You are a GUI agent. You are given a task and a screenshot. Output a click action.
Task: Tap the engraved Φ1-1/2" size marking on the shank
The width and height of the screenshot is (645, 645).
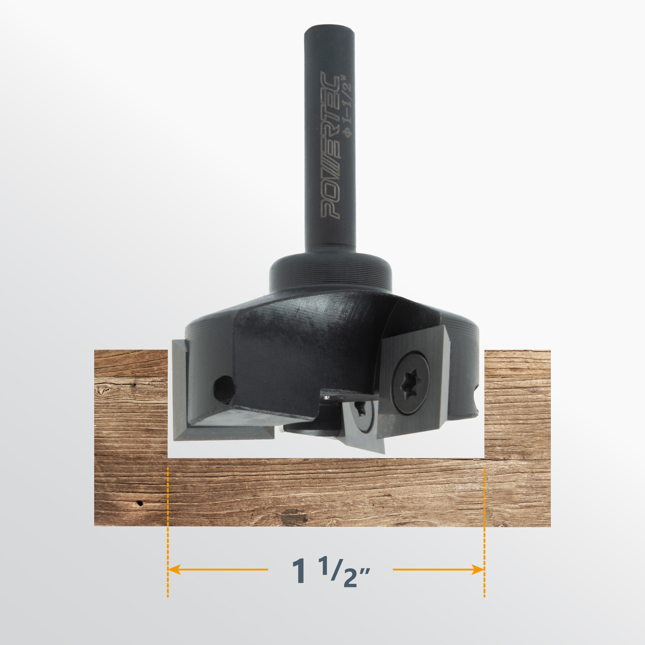[x=347, y=106]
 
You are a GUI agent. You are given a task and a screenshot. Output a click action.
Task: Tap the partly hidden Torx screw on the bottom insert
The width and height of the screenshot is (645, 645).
[x=362, y=413]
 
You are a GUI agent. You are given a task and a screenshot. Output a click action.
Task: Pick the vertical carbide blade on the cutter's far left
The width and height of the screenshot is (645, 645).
[x=180, y=389]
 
